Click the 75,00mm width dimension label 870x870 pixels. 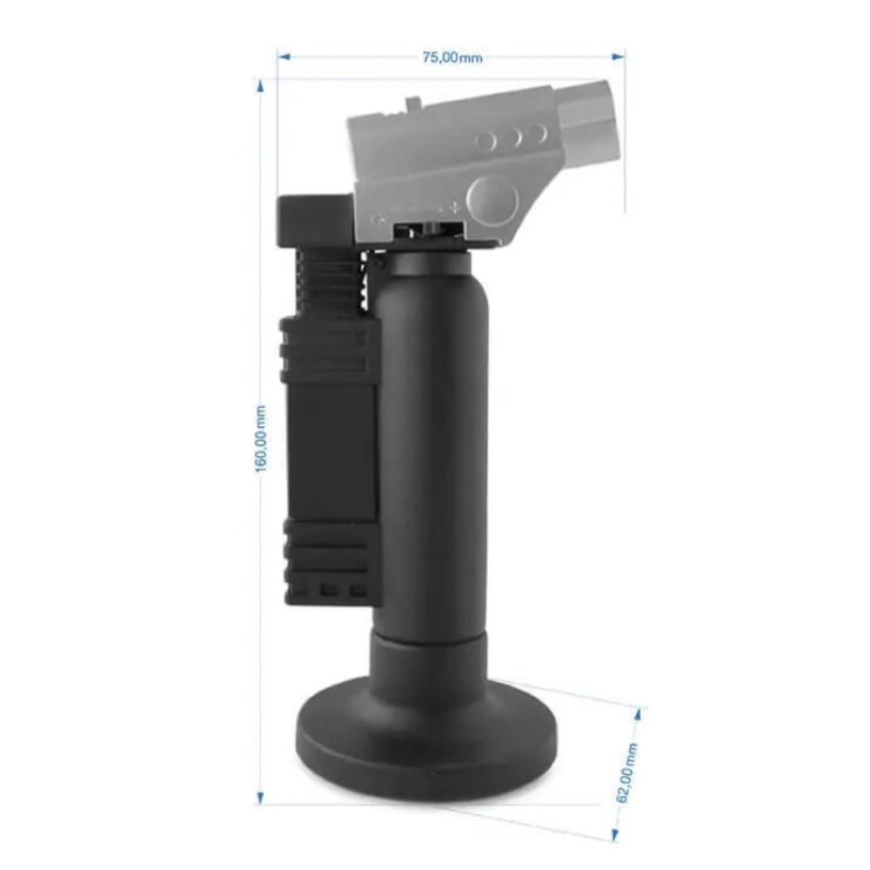click(x=452, y=57)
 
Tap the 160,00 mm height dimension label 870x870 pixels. click(x=260, y=438)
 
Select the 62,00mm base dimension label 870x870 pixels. click(x=627, y=773)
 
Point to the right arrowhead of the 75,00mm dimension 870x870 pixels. click(x=618, y=57)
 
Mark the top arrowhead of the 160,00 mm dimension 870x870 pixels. click(x=259, y=86)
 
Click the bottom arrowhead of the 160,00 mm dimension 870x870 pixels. click(x=259, y=798)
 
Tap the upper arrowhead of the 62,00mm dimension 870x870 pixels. click(x=637, y=713)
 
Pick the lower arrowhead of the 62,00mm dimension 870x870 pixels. click(x=615, y=835)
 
